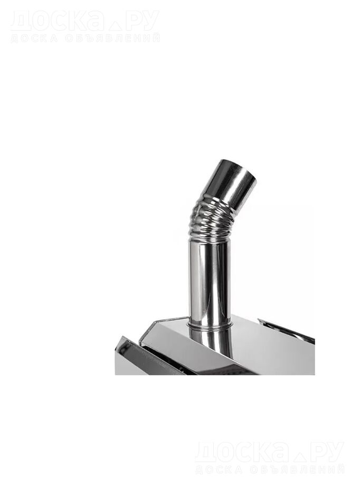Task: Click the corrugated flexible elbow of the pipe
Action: (211, 222)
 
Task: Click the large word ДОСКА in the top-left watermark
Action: (56, 20)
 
